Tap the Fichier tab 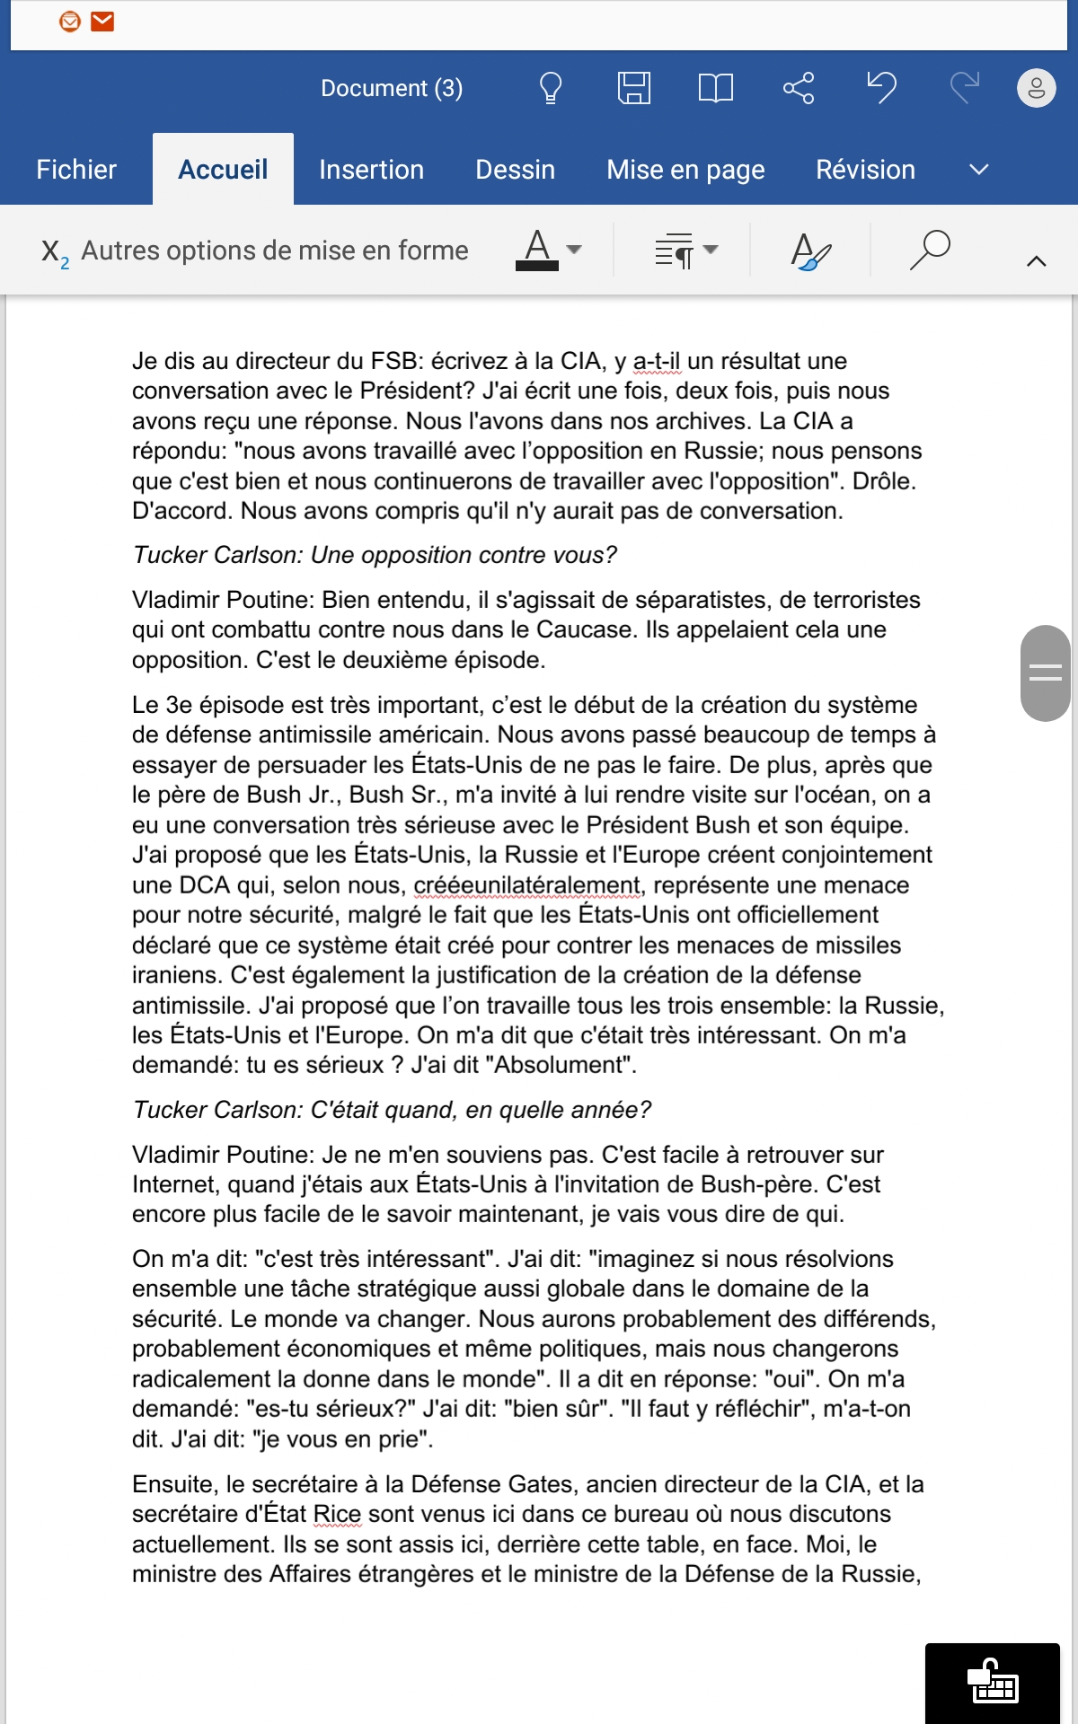[76, 170]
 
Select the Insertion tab [371, 170]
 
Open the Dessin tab [515, 170]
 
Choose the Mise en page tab [685, 170]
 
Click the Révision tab [865, 170]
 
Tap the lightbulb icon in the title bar [550, 88]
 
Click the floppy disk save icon [633, 88]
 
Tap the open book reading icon [715, 88]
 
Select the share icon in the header [798, 88]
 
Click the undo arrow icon [881, 88]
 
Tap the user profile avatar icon [1036, 88]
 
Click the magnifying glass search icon [930, 250]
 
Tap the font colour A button [537, 249]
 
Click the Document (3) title [392, 88]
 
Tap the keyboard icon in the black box [993, 1683]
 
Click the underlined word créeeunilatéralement [527, 885]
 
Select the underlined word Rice [337, 1514]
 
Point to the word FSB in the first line [394, 361]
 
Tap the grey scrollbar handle [1045, 673]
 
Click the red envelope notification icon [103, 21]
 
